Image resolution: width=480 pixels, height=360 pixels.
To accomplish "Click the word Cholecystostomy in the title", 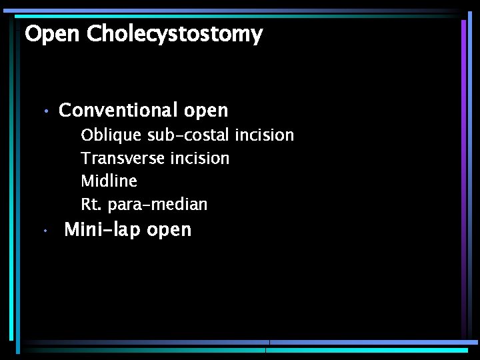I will [x=175, y=34].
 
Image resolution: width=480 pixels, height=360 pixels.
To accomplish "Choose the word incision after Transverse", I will [x=199, y=158].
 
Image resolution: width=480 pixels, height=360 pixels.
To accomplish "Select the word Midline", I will [x=109, y=181].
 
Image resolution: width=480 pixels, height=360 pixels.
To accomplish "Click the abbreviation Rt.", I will [x=90, y=204].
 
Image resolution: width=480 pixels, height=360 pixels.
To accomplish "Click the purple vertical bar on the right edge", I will [x=464, y=173].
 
